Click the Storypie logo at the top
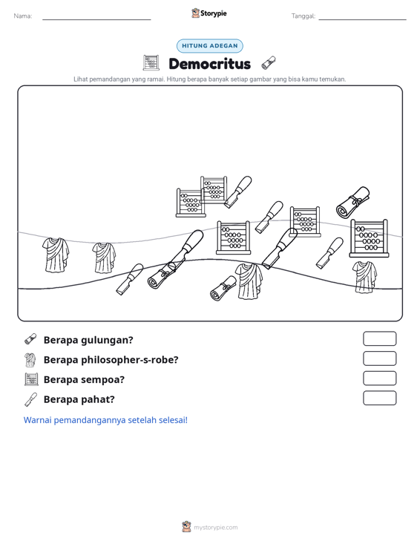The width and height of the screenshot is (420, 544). point(209,13)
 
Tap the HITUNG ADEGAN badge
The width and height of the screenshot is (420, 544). point(210,46)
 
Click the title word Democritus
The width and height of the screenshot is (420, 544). point(209,64)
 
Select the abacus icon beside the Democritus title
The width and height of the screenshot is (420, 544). point(151,63)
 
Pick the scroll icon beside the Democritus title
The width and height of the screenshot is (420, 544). point(269,63)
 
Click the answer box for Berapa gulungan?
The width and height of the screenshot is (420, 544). point(379,338)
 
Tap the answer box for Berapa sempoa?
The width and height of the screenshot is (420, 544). point(379,378)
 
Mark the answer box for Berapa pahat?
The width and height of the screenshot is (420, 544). point(379,398)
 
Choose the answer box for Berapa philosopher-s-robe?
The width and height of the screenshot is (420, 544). point(379,358)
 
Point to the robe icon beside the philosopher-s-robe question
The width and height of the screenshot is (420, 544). point(30,360)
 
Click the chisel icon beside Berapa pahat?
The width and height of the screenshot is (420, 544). point(30,399)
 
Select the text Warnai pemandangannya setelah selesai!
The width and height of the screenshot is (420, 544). point(105,420)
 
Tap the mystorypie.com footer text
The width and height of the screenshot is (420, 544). point(216,528)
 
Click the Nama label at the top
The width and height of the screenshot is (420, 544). point(23,16)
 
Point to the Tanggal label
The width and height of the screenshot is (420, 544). point(303,16)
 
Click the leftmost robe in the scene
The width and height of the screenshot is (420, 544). point(56,255)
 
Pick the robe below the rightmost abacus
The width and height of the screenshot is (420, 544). point(364,278)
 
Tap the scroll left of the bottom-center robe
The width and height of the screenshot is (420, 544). point(223,288)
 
